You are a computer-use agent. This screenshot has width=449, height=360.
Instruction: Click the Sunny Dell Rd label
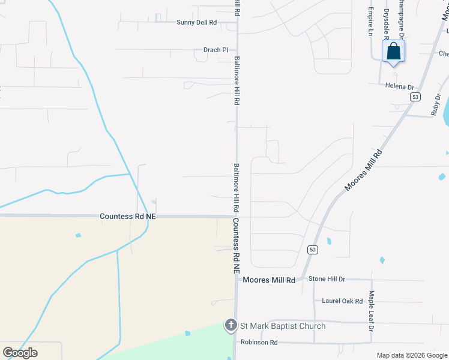click(x=196, y=22)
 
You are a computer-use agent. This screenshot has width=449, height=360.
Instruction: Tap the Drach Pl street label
click(x=215, y=50)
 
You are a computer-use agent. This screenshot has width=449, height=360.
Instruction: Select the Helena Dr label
click(x=400, y=86)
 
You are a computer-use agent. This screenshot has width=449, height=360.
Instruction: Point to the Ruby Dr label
click(x=436, y=104)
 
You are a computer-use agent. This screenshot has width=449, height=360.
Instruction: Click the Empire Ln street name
click(x=371, y=22)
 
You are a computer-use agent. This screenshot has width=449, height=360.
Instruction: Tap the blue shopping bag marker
click(x=394, y=51)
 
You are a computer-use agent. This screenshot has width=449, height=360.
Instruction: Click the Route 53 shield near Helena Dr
click(x=415, y=96)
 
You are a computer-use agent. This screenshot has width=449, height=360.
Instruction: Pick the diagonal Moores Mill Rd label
click(x=363, y=171)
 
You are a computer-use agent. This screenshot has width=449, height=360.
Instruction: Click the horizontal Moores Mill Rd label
click(x=269, y=280)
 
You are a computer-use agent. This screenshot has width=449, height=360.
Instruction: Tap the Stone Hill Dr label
click(x=327, y=279)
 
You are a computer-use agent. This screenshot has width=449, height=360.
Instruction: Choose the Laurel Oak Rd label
click(x=343, y=301)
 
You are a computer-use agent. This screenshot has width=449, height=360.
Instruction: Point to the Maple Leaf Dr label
click(x=371, y=311)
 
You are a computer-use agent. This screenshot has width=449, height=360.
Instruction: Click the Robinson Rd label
click(x=259, y=343)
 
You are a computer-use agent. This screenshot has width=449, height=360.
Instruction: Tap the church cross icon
click(x=231, y=326)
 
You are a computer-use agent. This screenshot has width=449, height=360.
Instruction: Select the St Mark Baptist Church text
click(x=283, y=326)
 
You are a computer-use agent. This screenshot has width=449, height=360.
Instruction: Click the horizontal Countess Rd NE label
click(x=128, y=215)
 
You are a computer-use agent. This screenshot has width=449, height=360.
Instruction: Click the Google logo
click(x=20, y=352)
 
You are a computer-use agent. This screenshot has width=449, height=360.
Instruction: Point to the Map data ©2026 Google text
click(x=412, y=355)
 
